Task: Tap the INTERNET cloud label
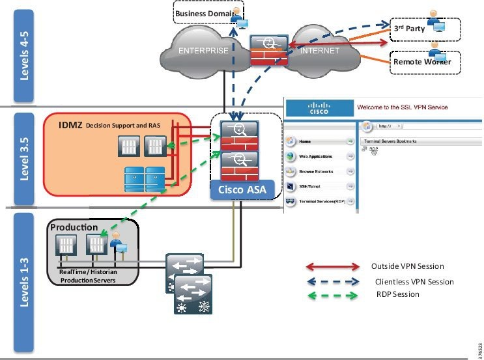tap(320, 50)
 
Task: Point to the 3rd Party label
tap(408, 29)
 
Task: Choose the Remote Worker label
tap(418, 62)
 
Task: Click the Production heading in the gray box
tap(74, 227)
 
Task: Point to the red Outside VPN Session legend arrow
tap(332, 267)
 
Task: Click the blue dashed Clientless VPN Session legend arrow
tap(332, 281)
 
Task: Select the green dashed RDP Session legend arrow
tap(332, 295)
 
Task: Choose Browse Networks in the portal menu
tap(316, 172)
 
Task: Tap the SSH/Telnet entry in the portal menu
tap(311, 187)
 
